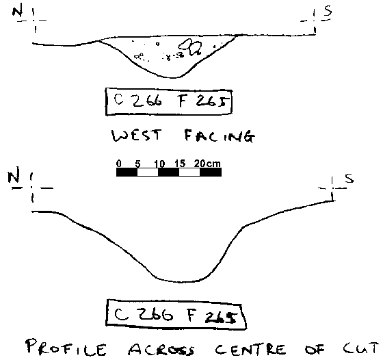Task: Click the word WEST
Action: click(x=137, y=136)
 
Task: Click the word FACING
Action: click(x=220, y=136)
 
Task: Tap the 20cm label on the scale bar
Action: click(x=207, y=164)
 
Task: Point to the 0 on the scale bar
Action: click(x=119, y=164)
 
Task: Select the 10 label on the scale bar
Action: click(x=159, y=164)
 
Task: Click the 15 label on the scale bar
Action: click(x=180, y=164)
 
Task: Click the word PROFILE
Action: click(x=66, y=347)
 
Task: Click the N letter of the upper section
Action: click(x=18, y=11)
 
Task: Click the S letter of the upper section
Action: click(x=328, y=10)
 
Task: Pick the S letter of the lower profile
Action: click(x=349, y=178)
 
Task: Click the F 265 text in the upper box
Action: click(x=203, y=101)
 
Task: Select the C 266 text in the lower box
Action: click(x=144, y=314)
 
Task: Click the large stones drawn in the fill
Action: click(x=191, y=47)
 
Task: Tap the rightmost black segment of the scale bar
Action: click(x=211, y=172)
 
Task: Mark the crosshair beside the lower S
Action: click(x=332, y=188)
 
